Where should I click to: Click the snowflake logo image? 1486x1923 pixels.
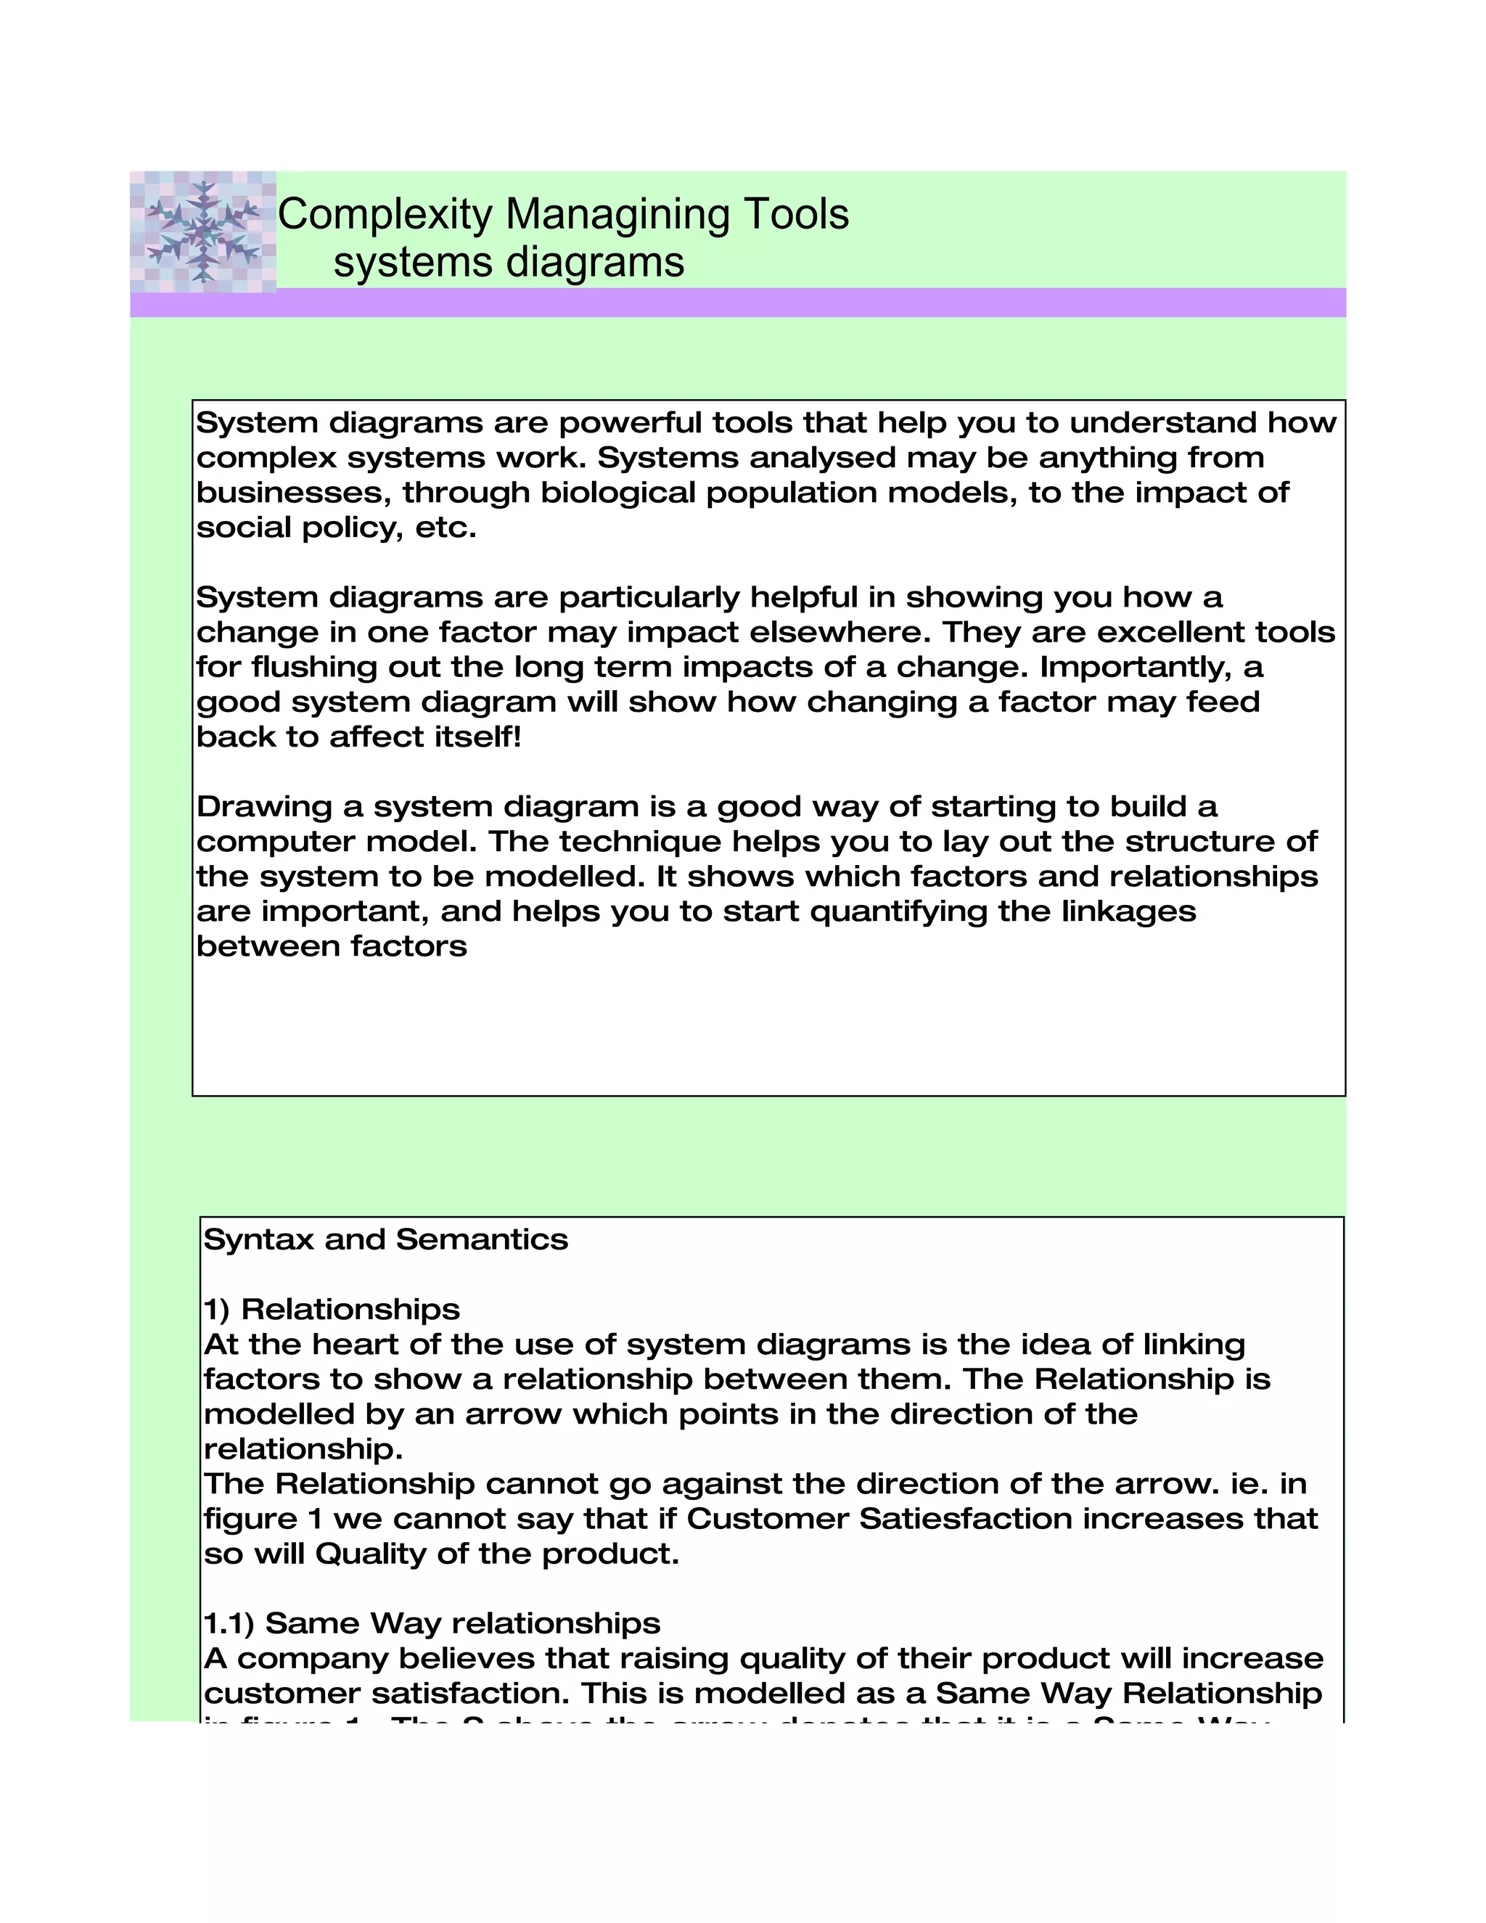(203, 231)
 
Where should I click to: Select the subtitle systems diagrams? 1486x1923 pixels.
(509, 263)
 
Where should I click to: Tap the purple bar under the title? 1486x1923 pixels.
(738, 302)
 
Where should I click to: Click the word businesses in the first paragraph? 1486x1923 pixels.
(292, 492)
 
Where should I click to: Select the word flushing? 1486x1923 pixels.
(314, 667)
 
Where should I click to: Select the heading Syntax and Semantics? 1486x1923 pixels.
(385, 1239)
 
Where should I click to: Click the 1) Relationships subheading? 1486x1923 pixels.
(332, 1309)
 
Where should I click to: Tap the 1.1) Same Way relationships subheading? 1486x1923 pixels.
(432, 1623)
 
